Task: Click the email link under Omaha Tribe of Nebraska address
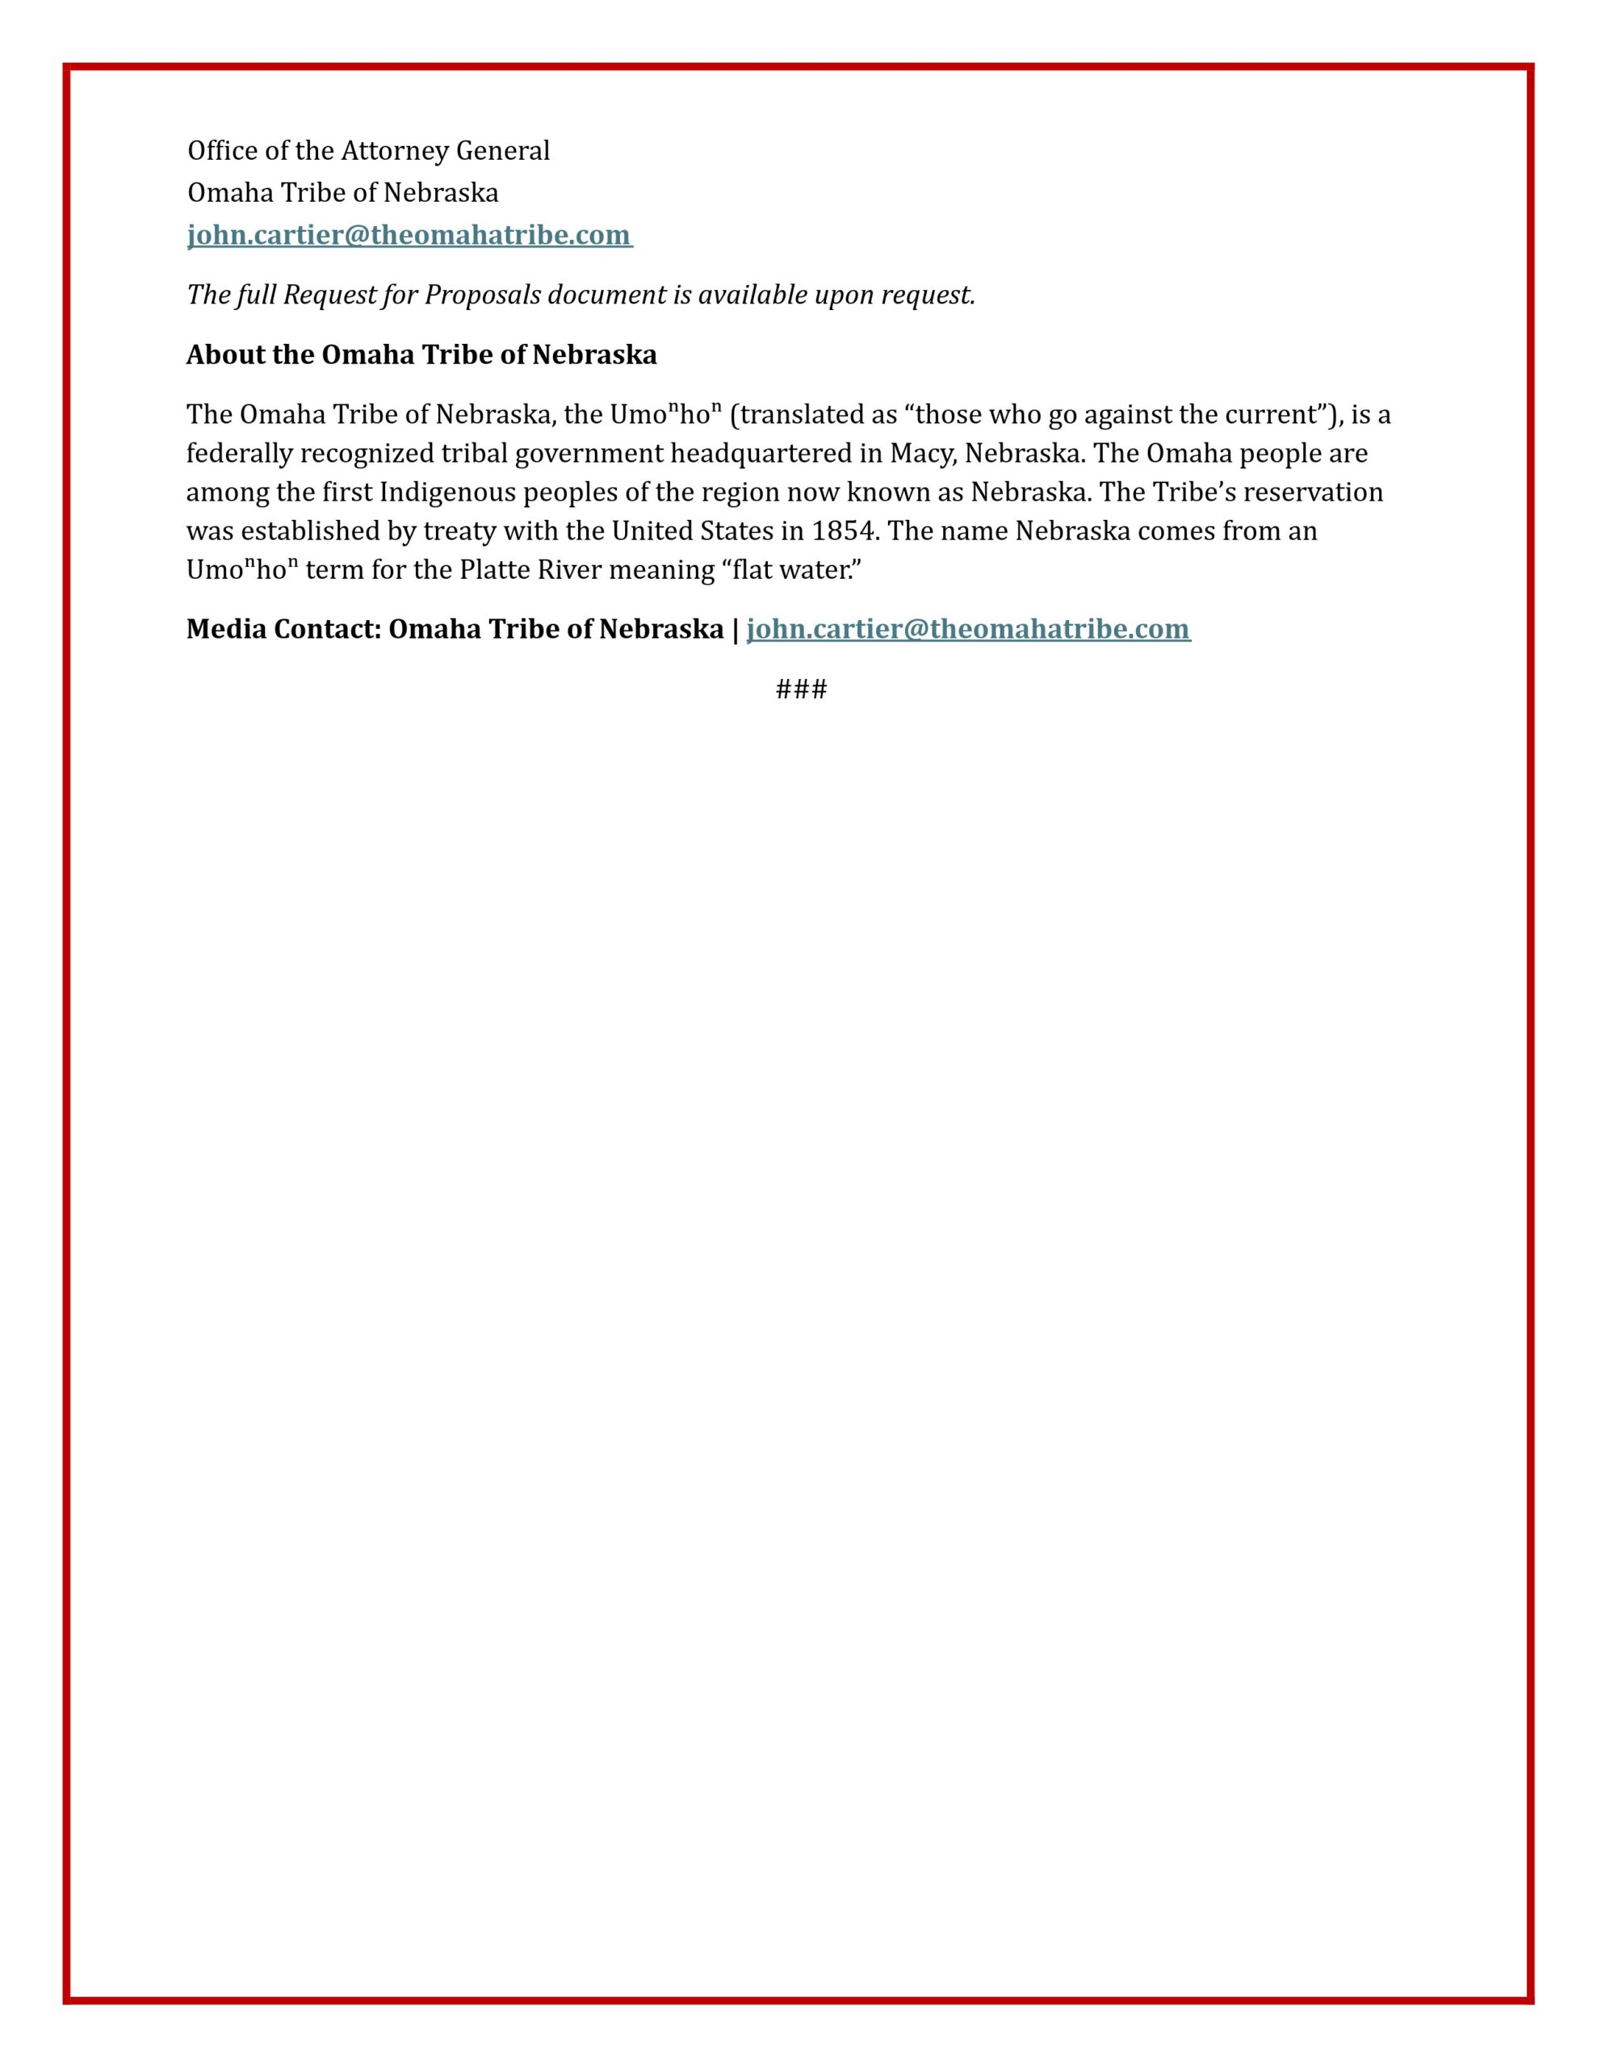point(409,235)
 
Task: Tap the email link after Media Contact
point(967,629)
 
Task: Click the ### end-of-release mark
point(801,689)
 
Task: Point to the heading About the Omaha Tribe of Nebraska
point(421,355)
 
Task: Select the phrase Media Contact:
point(283,629)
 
